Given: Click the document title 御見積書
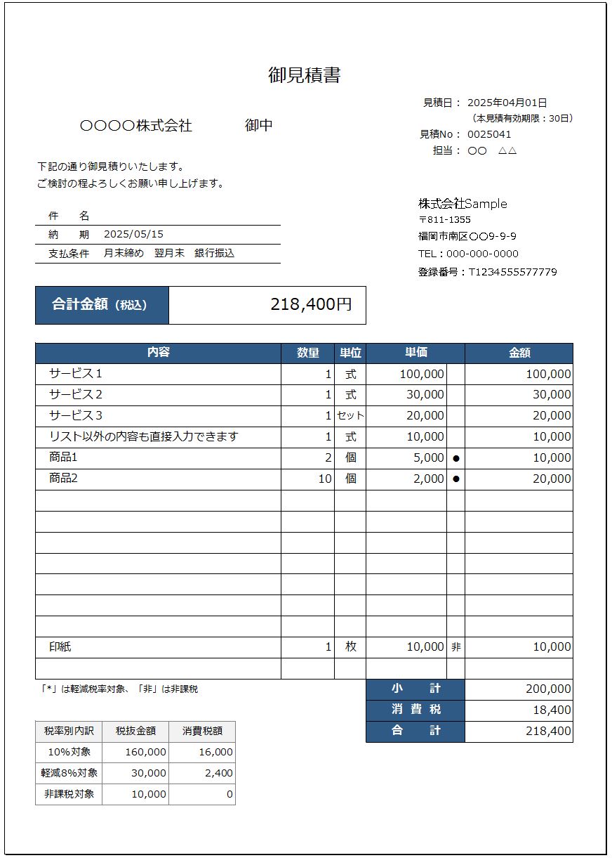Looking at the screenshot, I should (305, 75).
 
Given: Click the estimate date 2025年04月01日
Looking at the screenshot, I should (507, 103).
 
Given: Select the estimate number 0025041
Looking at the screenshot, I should (489, 134).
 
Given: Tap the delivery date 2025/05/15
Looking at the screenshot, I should (133, 234).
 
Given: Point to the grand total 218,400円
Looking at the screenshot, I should (311, 304).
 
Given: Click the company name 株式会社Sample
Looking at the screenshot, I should (463, 204).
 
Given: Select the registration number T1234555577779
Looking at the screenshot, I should (512, 272).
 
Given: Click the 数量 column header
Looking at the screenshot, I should (308, 353).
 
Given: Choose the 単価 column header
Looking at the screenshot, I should (415, 353).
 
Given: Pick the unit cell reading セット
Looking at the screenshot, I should (350, 415).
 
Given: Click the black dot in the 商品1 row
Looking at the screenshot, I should (455, 458).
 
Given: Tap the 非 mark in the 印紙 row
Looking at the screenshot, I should (456, 647).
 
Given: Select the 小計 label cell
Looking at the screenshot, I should (415, 689).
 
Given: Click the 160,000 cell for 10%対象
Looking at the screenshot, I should (145, 752).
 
